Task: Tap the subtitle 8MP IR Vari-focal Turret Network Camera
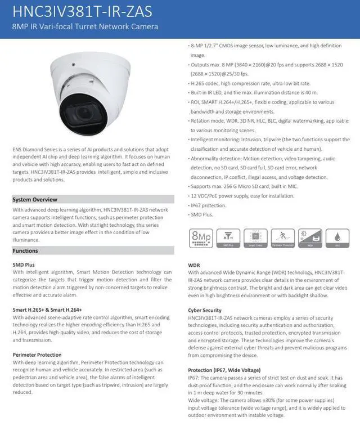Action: click(x=85, y=27)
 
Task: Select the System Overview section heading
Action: click(x=35, y=199)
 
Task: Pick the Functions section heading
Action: click(x=25, y=250)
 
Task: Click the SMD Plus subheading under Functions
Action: click(x=24, y=264)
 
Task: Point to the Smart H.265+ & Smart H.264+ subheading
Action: click(x=47, y=310)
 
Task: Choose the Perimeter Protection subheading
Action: click(x=37, y=355)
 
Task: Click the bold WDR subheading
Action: click(x=194, y=264)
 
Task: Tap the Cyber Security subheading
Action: click(x=205, y=310)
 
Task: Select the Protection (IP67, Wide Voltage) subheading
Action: click(x=224, y=370)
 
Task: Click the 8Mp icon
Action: click(x=201, y=238)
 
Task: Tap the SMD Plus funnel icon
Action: click(x=228, y=238)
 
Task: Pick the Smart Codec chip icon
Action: click(x=255, y=238)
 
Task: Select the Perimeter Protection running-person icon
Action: click(x=283, y=238)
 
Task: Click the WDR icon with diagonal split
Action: click(x=310, y=238)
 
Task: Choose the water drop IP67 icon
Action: click(x=337, y=238)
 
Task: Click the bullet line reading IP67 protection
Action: click(x=209, y=205)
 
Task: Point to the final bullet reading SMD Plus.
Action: click(x=203, y=214)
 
